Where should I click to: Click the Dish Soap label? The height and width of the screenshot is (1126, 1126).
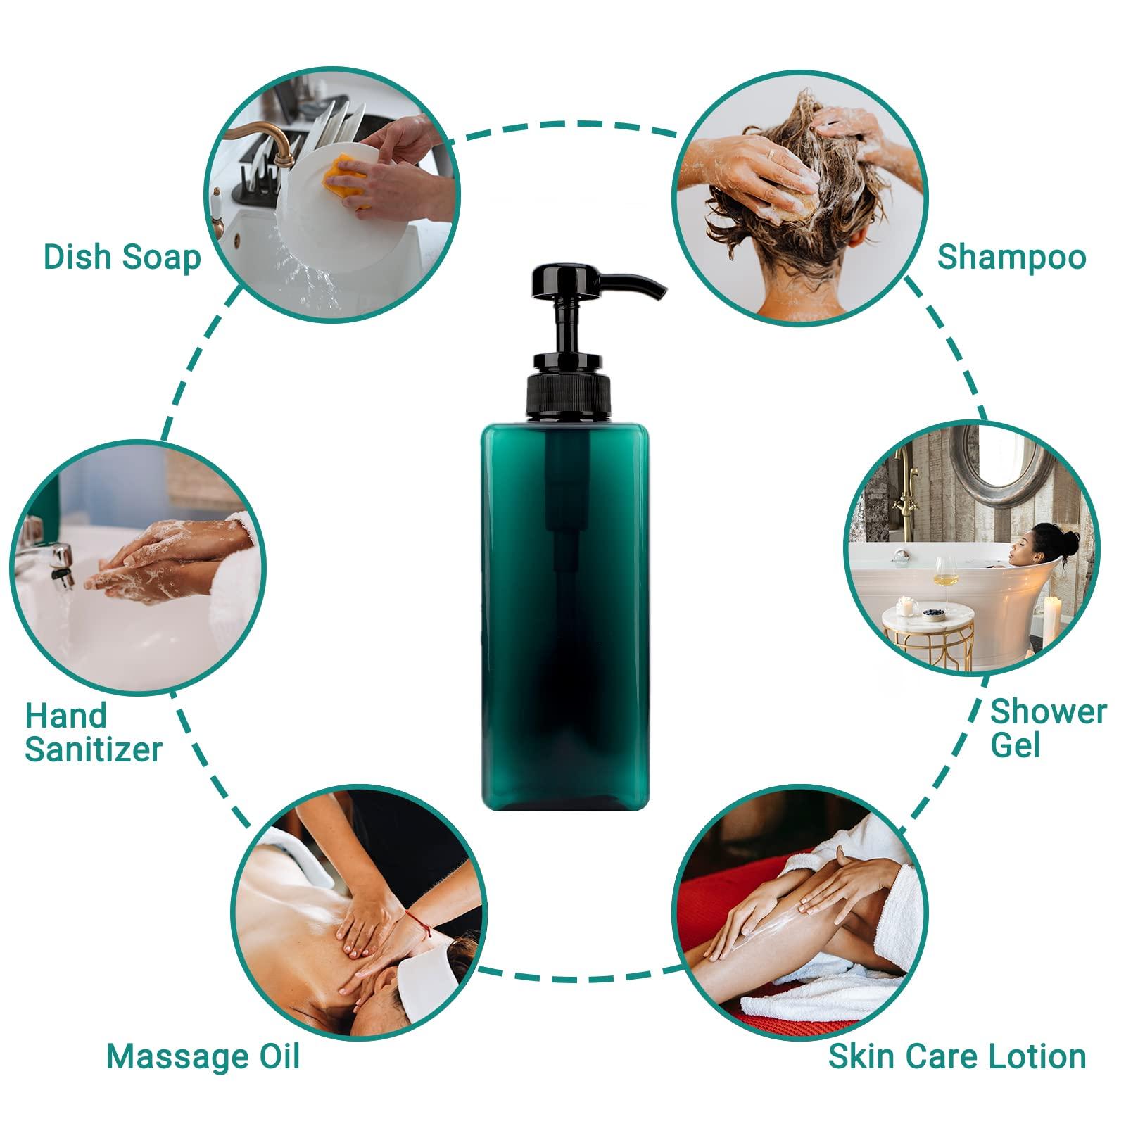click(122, 257)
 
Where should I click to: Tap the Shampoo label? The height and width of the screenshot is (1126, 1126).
click(1011, 257)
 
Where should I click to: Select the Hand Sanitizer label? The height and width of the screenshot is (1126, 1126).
click(93, 733)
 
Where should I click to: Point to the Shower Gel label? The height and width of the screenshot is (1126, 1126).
click(1048, 728)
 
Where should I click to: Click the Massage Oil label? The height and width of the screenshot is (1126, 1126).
click(203, 1056)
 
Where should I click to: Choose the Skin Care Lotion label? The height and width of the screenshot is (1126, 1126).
click(956, 1056)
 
